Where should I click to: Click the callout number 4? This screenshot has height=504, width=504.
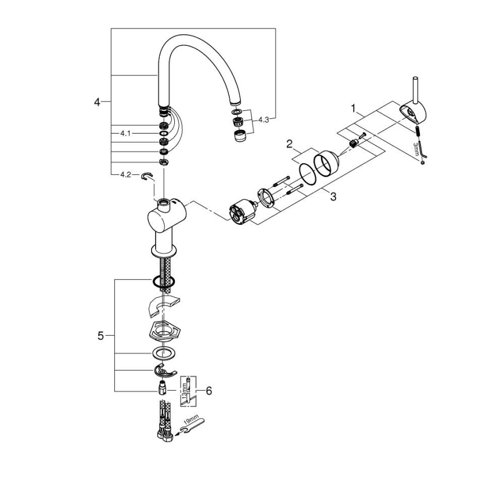click(98, 102)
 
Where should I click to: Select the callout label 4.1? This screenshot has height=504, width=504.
click(125, 133)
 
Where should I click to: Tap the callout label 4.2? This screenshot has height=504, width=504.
click(125, 174)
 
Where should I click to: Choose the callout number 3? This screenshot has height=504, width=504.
click(333, 196)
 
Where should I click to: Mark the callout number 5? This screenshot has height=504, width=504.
click(100, 336)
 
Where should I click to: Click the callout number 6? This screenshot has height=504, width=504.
click(208, 391)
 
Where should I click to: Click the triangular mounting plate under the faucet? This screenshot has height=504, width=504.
click(164, 332)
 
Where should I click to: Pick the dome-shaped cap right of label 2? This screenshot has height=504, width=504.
click(326, 163)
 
